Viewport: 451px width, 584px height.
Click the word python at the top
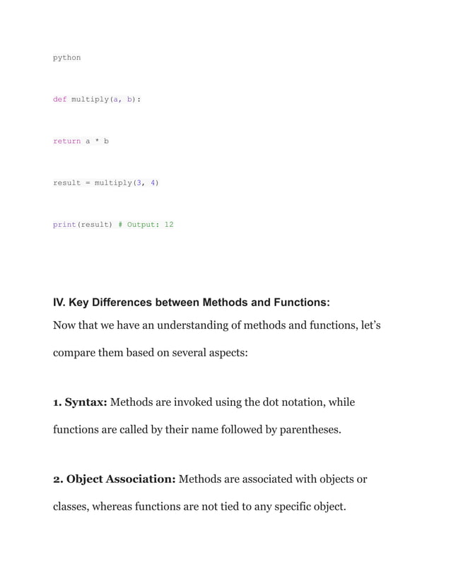pos(66,57)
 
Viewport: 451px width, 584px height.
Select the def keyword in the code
pos(59,99)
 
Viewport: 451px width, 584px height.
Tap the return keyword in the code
pos(66,141)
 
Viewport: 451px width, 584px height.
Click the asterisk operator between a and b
pos(97,141)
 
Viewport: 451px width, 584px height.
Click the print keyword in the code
pos(64,225)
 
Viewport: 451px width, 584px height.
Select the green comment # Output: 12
pos(146,225)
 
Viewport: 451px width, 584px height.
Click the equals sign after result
pos(88,183)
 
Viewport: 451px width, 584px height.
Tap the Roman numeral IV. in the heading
pos(61,303)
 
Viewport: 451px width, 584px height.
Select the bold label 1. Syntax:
pos(80,402)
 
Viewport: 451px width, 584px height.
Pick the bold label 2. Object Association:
pos(115,479)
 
